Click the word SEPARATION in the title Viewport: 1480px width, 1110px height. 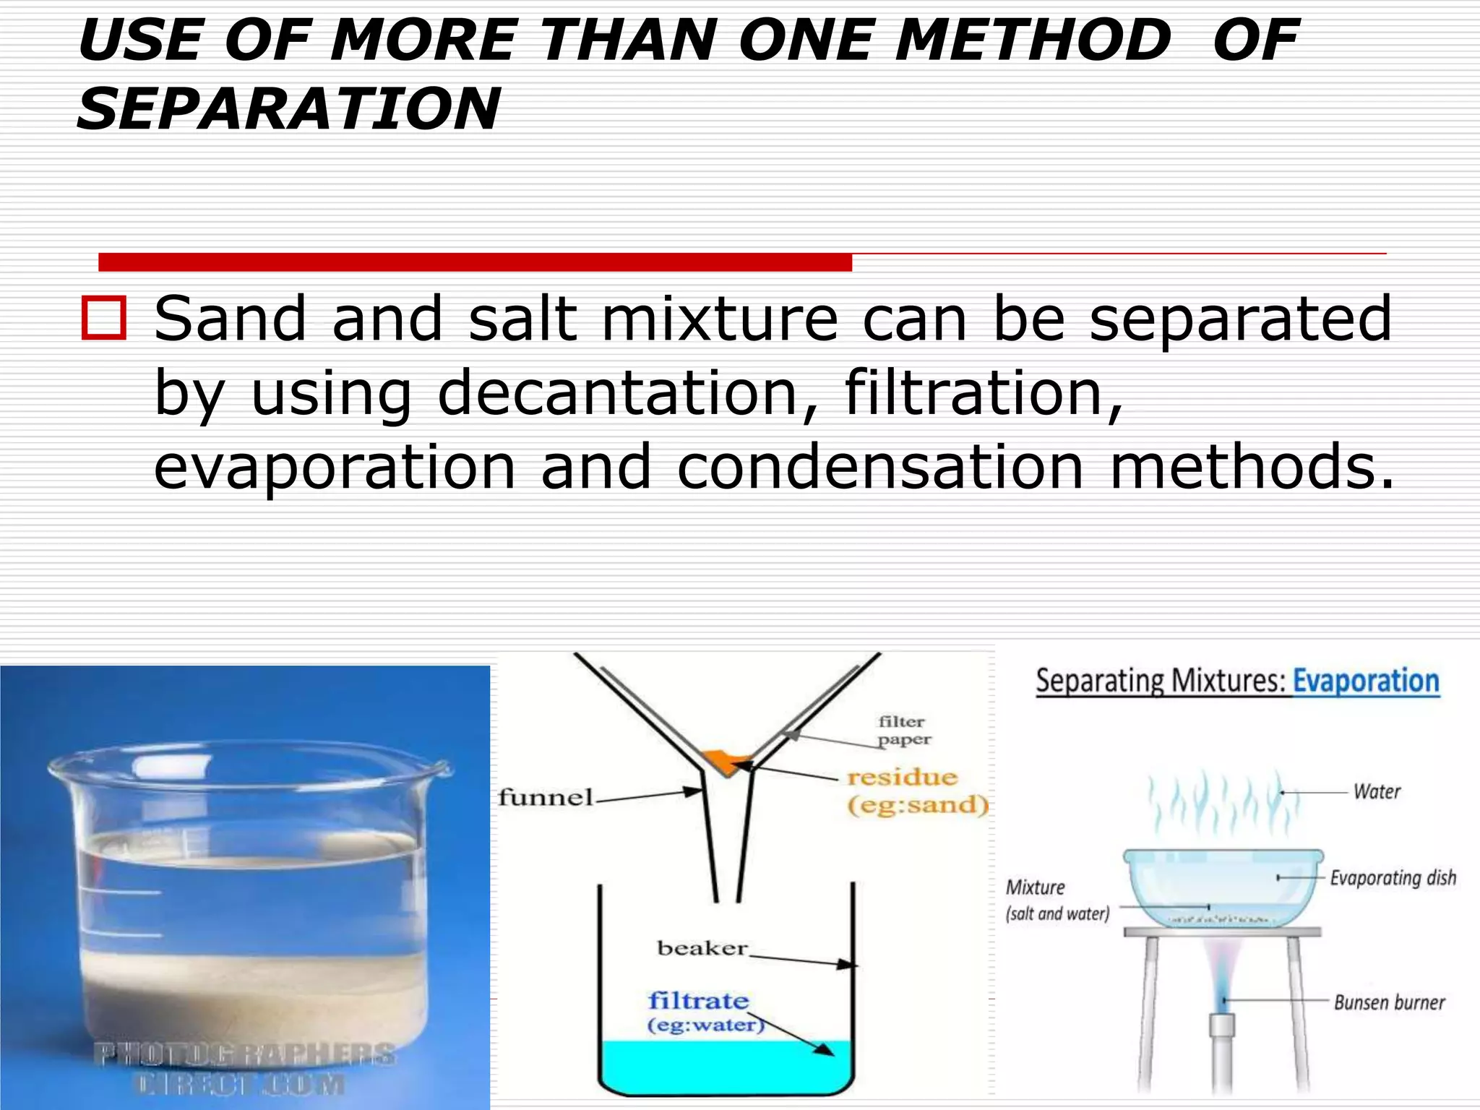pyautogui.click(x=288, y=109)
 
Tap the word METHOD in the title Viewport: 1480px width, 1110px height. pyautogui.click(x=1032, y=40)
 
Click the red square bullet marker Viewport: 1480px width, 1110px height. pyautogui.click(x=103, y=317)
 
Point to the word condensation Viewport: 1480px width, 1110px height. pyautogui.click(x=879, y=467)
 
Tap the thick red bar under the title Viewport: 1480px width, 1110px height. pyautogui.click(x=475, y=262)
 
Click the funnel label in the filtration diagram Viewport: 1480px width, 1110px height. pyautogui.click(x=545, y=798)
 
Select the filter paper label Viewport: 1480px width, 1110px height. pyautogui.click(x=903, y=730)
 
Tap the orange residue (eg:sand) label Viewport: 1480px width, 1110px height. pyautogui.click(x=916, y=791)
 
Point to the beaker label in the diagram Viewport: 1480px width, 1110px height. pyautogui.click(x=702, y=947)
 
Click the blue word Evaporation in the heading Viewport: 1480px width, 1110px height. pyautogui.click(x=1365, y=681)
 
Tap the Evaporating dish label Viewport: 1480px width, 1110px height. pyautogui.click(x=1393, y=878)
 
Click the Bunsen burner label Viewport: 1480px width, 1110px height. pyautogui.click(x=1389, y=1002)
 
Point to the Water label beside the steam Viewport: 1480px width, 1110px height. pyautogui.click(x=1377, y=792)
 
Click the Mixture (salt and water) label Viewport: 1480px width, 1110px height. pyautogui.click(x=1056, y=900)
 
